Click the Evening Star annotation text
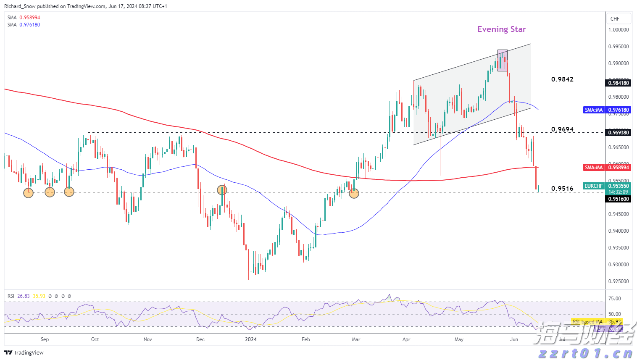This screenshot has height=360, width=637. [501, 29]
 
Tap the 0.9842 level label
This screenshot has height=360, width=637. [562, 79]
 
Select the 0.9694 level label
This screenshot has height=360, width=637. [562, 129]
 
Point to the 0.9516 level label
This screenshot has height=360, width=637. [562, 189]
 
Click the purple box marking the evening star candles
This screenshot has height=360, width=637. [502, 60]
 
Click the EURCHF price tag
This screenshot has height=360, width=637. [593, 186]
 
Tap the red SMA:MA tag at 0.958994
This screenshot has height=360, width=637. [594, 168]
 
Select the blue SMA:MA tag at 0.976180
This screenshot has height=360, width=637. [594, 110]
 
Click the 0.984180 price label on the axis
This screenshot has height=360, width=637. [619, 83]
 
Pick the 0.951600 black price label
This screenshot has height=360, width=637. [619, 199]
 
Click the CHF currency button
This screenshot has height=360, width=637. [615, 18]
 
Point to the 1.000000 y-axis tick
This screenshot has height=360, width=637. [619, 30]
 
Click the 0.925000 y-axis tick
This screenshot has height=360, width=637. [619, 281]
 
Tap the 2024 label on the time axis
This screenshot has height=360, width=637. [251, 339]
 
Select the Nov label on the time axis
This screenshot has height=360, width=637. [147, 339]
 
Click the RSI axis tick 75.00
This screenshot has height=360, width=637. [615, 299]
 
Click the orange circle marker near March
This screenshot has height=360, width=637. [354, 193]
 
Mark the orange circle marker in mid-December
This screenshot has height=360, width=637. [222, 190]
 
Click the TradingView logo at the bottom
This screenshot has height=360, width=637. [24, 352]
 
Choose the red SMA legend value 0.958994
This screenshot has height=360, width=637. [30, 18]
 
